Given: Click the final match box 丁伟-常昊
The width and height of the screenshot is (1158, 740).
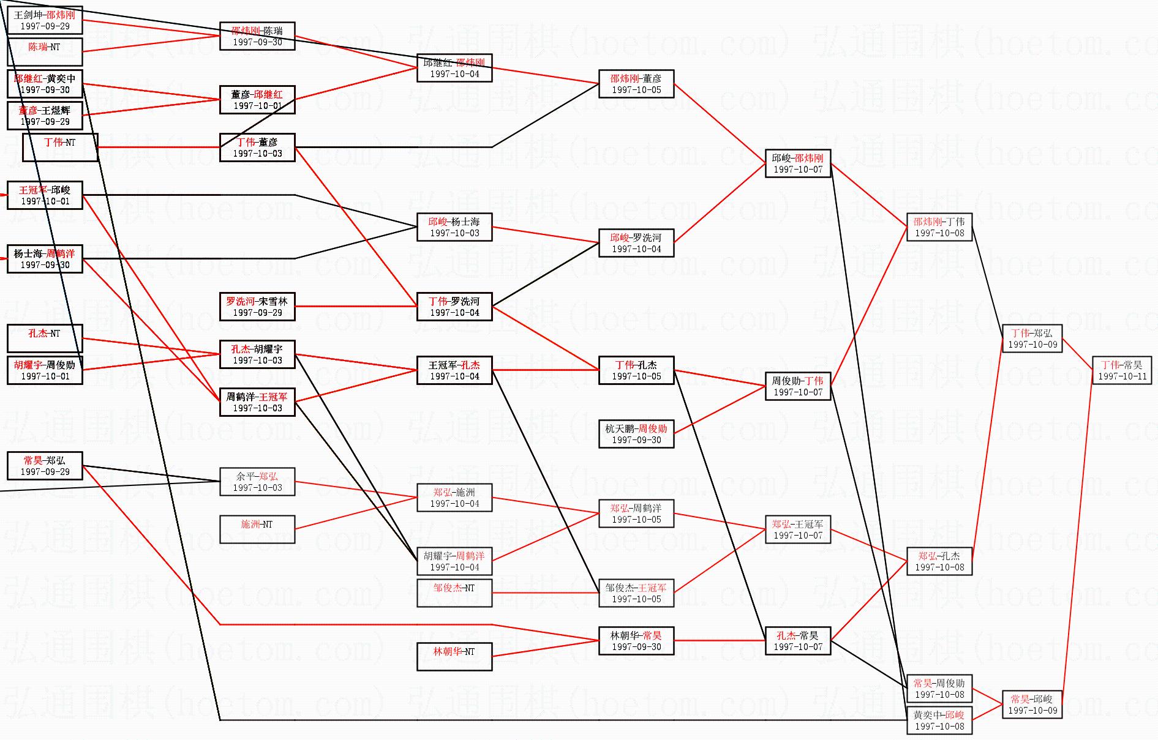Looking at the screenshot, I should [1122, 370].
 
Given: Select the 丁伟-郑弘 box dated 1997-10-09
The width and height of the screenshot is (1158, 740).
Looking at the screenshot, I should [1032, 338].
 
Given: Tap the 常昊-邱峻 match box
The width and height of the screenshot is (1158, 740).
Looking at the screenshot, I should [1032, 704].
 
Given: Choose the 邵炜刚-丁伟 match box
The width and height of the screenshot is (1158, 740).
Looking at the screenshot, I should [939, 227].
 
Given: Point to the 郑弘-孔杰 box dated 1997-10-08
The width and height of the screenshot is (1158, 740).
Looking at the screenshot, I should [939, 561].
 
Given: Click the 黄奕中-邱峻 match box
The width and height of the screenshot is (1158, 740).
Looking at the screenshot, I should [939, 720].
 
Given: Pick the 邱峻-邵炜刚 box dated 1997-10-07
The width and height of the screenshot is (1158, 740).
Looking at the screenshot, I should [797, 163].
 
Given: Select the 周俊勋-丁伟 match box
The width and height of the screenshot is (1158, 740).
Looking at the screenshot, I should [797, 386].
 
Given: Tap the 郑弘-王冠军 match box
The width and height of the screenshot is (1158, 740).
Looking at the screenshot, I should [797, 529].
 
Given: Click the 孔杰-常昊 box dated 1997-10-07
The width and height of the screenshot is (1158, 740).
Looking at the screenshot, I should [797, 641].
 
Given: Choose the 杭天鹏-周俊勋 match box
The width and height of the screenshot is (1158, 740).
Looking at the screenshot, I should [636, 434].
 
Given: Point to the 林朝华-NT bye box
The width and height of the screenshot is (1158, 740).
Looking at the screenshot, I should [454, 657].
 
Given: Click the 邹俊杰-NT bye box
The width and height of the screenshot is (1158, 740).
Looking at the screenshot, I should [454, 593].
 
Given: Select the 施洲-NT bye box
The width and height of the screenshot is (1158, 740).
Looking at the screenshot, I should [257, 529].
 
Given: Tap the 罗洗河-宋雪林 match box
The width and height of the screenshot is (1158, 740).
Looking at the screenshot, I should [257, 307].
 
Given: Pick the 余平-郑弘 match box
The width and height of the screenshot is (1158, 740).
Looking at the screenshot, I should [257, 482].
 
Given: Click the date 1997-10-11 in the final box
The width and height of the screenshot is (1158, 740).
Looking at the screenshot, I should [1122, 376].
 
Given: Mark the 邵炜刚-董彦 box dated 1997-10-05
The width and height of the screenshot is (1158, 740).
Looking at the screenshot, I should [636, 84].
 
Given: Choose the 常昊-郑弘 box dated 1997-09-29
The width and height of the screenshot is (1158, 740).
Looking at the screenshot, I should [45, 466].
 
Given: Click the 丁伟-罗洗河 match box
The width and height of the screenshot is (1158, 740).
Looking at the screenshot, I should [454, 307].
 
